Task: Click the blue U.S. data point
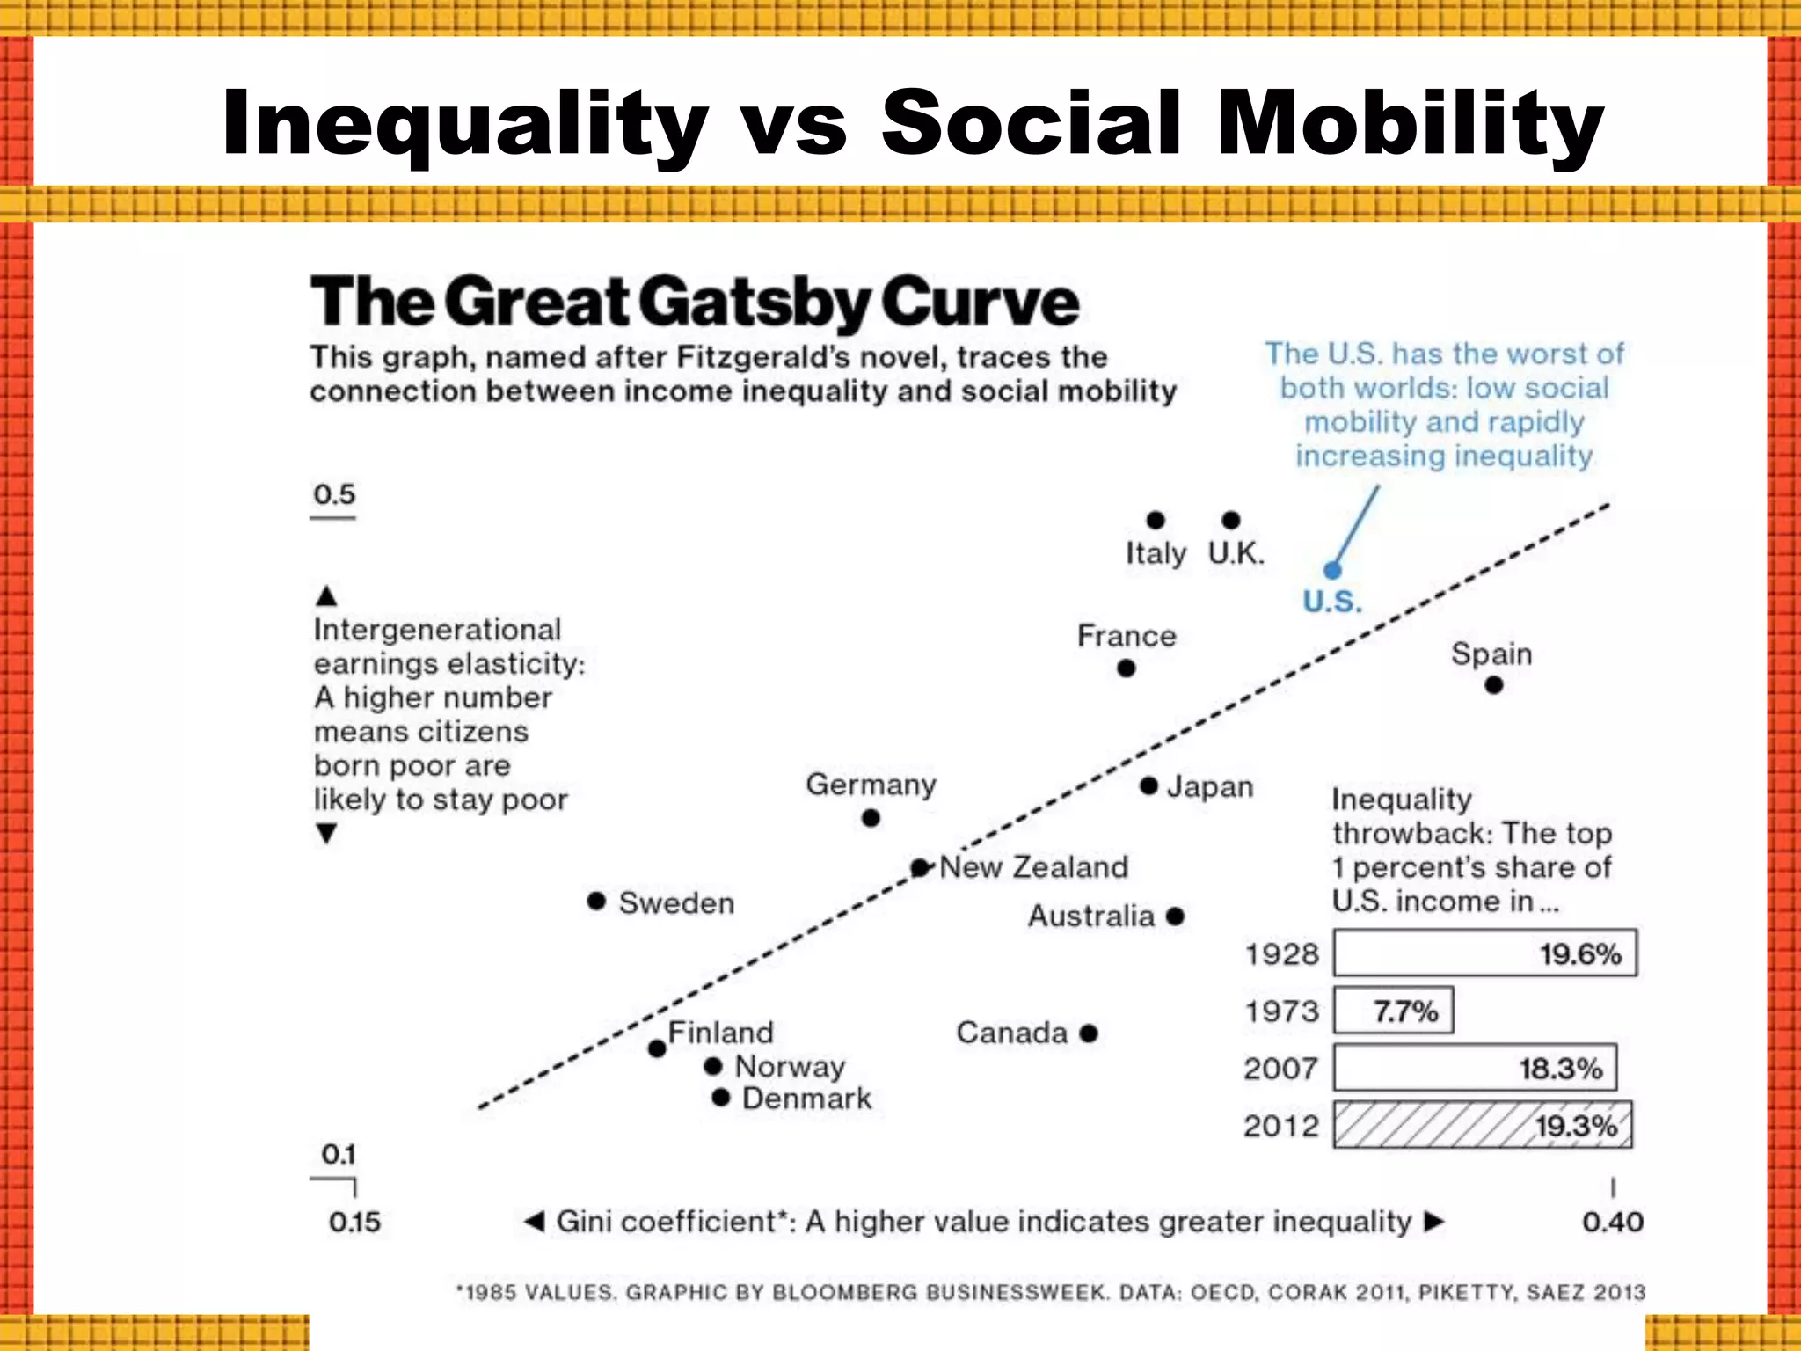[1333, 570]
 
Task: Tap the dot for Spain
[1493, 684]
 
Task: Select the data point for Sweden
[596, 901]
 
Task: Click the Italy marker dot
[1156, 520]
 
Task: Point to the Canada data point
[1089, 1033]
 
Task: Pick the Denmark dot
[721, 1097]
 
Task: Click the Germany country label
[871, 784]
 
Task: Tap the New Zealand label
[1033, 867]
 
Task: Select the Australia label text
[1090, 916]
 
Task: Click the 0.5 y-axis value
[334, 494]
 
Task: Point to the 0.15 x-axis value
[354, 1222]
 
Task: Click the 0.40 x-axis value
[1612, 1222]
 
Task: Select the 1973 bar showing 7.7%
[1393, 1011]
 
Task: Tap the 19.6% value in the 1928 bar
[1579, 953]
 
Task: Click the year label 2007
[1280, 1069]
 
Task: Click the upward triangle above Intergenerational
[326, 596]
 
